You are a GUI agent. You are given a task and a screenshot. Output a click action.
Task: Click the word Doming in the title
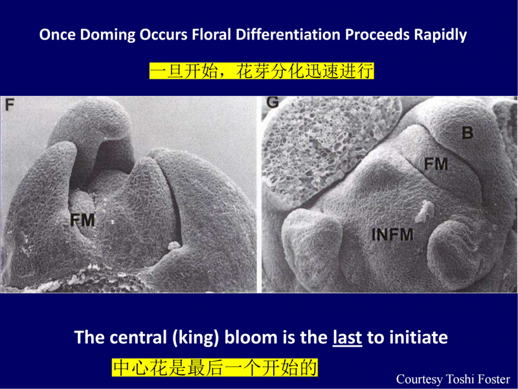[x=107, y=35]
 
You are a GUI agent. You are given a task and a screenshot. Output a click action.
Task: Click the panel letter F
[x=10, y=104]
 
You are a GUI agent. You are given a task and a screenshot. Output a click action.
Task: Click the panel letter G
[x=273, y=102]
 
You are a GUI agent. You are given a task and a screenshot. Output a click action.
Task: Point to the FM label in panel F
[x=83, y=220]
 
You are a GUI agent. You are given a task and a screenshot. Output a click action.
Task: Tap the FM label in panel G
[x=436, y=164]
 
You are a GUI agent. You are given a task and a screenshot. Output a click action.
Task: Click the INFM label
[x=392, y=235]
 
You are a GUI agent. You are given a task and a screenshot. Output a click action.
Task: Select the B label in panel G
[x=467, y=133]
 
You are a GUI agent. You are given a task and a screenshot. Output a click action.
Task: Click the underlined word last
[x=347, y=337]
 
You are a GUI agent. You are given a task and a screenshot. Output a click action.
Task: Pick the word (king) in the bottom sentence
[x=196, y=338]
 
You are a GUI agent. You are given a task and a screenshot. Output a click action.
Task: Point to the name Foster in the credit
[x=493, y=379]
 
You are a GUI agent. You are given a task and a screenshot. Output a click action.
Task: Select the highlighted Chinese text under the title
[x=262, y=71]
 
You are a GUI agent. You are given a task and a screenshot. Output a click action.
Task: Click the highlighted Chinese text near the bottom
[x=215, y=368]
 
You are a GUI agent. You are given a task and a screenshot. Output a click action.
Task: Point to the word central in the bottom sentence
[x=138, y=337]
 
